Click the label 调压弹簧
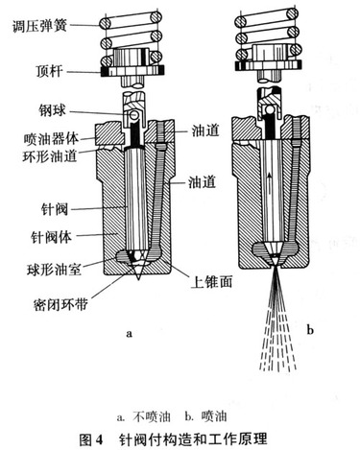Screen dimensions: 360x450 [x=39, y=26]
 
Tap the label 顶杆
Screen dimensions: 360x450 [x=49, y=71]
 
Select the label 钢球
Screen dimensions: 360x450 [x=52, y=111]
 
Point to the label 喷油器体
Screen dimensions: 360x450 [x=51, y=139]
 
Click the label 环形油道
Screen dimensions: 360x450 [x=50, y=156]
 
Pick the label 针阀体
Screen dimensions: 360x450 [x=52, y=238]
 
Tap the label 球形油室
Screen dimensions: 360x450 [x=54, y=270]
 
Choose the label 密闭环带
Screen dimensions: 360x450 [x=60, y=304]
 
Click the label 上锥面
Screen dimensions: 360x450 [x=211, y=282]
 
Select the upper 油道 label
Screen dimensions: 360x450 [x=205, y=130]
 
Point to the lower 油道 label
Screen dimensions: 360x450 [x=202, y=182]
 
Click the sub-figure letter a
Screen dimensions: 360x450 [x=129, y=334]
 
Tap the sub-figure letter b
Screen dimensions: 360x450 [x=310, y=329]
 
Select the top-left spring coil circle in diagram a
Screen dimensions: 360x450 [x=105, y=23]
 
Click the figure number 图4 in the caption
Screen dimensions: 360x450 [x=91, y=439]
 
